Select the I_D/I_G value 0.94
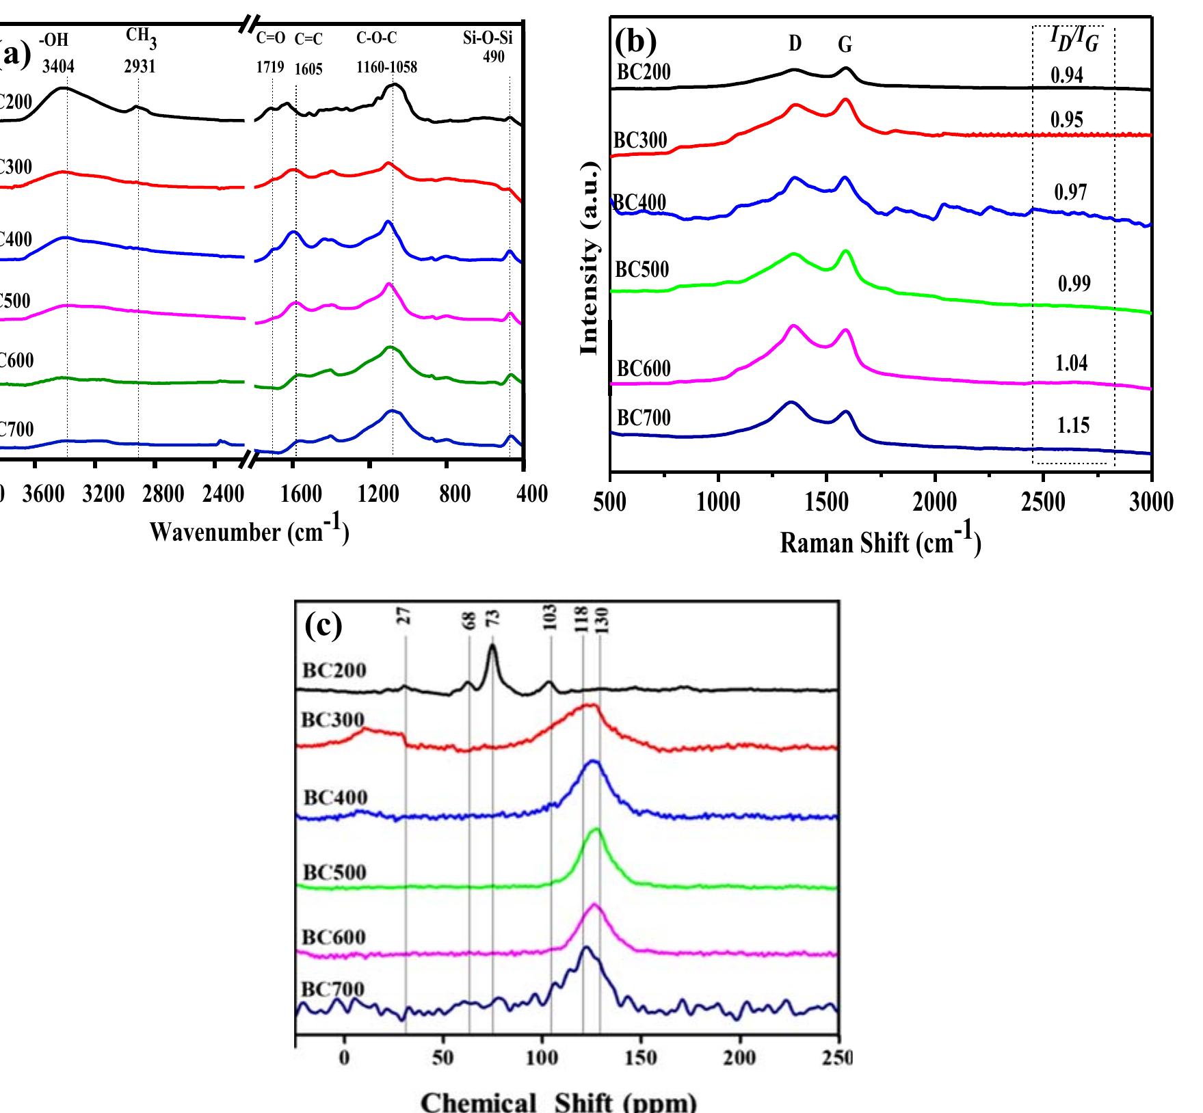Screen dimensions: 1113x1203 pos(1067,75)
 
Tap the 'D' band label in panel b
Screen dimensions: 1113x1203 pos(795,44)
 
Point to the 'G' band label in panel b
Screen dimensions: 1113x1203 pos(845,45)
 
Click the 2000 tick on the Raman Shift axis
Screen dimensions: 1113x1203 pos(935,502)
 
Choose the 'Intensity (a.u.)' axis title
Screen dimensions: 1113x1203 pos(590,258)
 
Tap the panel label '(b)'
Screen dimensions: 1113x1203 pos(635,42)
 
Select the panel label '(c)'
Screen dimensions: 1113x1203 pos(323,626)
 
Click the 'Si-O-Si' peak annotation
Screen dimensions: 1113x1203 pos(488,39)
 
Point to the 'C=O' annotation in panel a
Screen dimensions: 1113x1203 pos(271,40)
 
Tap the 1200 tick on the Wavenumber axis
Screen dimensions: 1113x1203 pos(378,494)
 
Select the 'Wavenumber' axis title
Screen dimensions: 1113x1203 pos(249,531)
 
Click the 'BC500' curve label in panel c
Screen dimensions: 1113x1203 pos(334,872)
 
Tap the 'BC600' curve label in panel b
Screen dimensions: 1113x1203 pos(644,368)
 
